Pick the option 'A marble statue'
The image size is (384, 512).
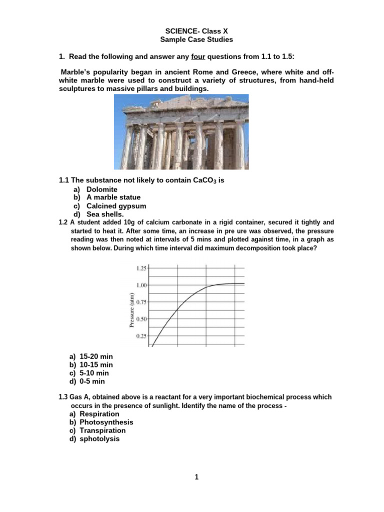click(113, 197)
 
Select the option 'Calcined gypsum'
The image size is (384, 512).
click(116, 206)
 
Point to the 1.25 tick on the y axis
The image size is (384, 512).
click(141, 268)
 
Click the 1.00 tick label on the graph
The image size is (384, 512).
click(141, 285)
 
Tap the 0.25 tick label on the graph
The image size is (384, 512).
click(141, 336)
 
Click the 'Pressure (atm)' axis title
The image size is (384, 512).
click(131, 310)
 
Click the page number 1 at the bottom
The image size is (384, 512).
click(196, 477)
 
